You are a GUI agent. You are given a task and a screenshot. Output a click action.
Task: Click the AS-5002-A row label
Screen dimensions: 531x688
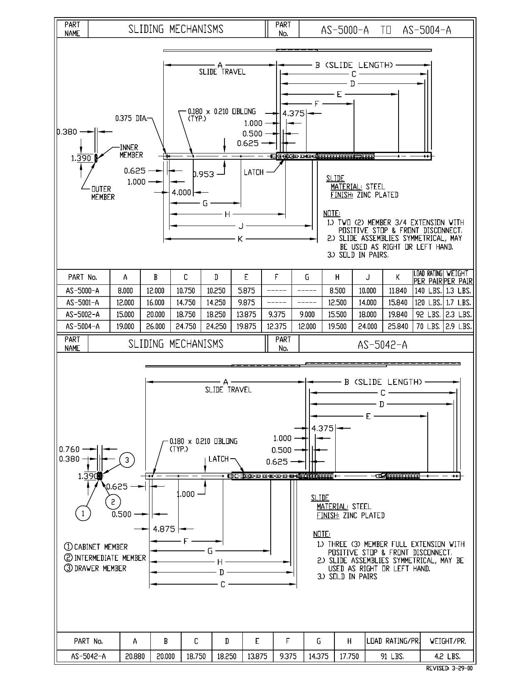tap(82, 314)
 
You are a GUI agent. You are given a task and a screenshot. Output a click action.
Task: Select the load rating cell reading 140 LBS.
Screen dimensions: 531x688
tap(428, 291)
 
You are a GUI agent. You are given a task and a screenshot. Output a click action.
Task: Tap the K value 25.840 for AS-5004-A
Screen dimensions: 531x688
tap(398, 326)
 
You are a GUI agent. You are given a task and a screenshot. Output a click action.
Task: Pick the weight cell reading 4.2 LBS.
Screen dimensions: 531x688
tap(447, 656)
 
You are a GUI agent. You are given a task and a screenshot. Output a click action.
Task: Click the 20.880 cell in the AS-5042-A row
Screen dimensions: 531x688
tap(135, 656)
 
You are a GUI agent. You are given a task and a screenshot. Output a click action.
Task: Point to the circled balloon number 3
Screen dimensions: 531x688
tap(127, 460)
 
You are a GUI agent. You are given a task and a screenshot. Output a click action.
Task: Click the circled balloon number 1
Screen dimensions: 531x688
tap(83, 513)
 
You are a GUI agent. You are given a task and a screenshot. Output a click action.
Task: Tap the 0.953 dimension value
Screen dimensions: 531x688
tap(203, 174)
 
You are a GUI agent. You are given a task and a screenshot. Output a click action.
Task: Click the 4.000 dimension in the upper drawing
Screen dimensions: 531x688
tap(182, 192)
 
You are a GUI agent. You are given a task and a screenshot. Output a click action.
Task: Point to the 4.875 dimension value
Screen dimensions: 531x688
tap(164, 529)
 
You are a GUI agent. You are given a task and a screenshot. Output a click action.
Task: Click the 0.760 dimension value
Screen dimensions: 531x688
tap(69, 449)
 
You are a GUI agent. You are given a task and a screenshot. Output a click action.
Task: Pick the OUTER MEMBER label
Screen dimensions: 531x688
tap(103, 193)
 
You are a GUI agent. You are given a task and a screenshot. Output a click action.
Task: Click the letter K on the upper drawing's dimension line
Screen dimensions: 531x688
tap(240, 239)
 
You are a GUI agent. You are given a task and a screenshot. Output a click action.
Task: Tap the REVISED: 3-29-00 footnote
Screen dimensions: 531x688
tap(449, 668)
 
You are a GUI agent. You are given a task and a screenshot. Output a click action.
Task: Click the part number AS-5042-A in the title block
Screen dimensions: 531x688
tap(382, 344)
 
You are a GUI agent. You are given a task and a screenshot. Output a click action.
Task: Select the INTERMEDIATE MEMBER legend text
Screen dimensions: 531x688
tap(105, 557)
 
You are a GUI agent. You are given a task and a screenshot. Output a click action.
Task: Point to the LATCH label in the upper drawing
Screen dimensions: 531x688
tap(254, 172)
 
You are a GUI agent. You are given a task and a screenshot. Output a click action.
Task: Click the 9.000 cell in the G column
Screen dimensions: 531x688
tap(307, 314)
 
